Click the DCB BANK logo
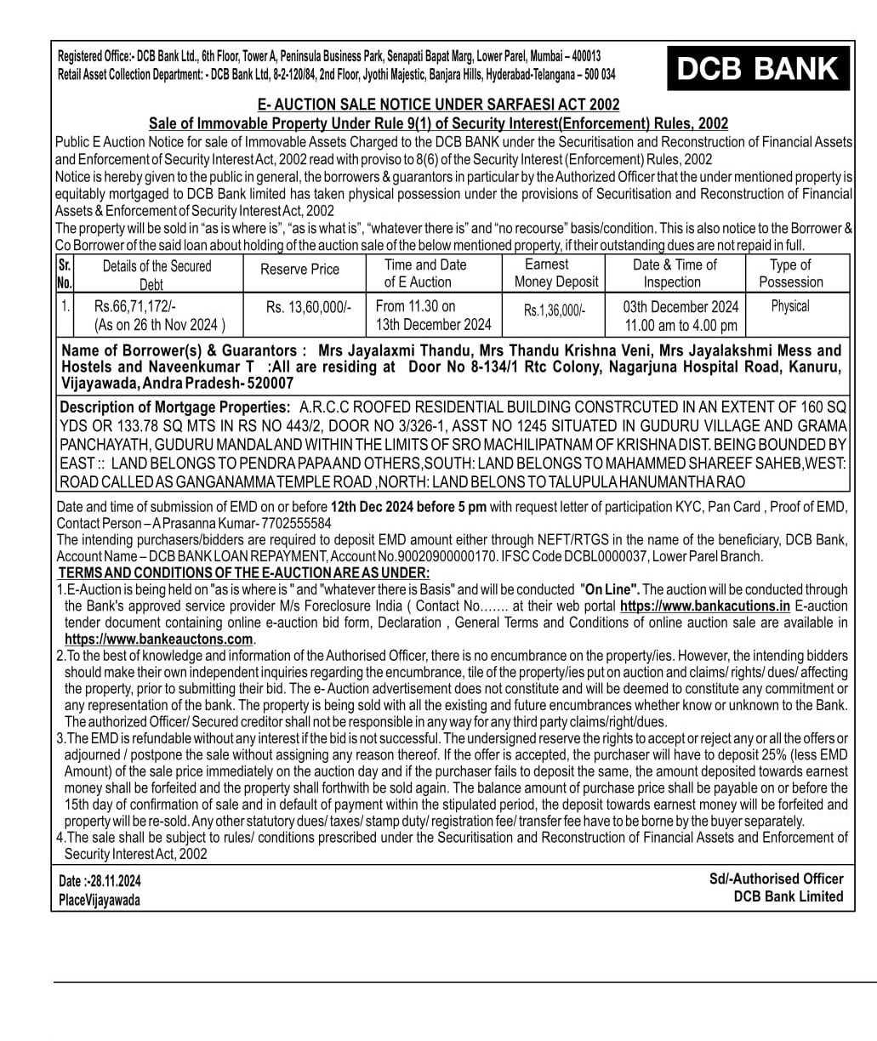758,68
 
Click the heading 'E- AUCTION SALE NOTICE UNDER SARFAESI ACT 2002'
438,105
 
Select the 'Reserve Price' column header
299,270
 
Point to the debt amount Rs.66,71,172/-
135,306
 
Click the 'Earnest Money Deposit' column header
556,273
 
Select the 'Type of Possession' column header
790,273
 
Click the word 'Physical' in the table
790,306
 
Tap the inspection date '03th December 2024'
681,307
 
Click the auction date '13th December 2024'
434,325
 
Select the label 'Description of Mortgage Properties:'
175,408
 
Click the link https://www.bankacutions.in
705,606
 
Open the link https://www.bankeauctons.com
159,639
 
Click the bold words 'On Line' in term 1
610,589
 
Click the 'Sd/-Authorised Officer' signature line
776,879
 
